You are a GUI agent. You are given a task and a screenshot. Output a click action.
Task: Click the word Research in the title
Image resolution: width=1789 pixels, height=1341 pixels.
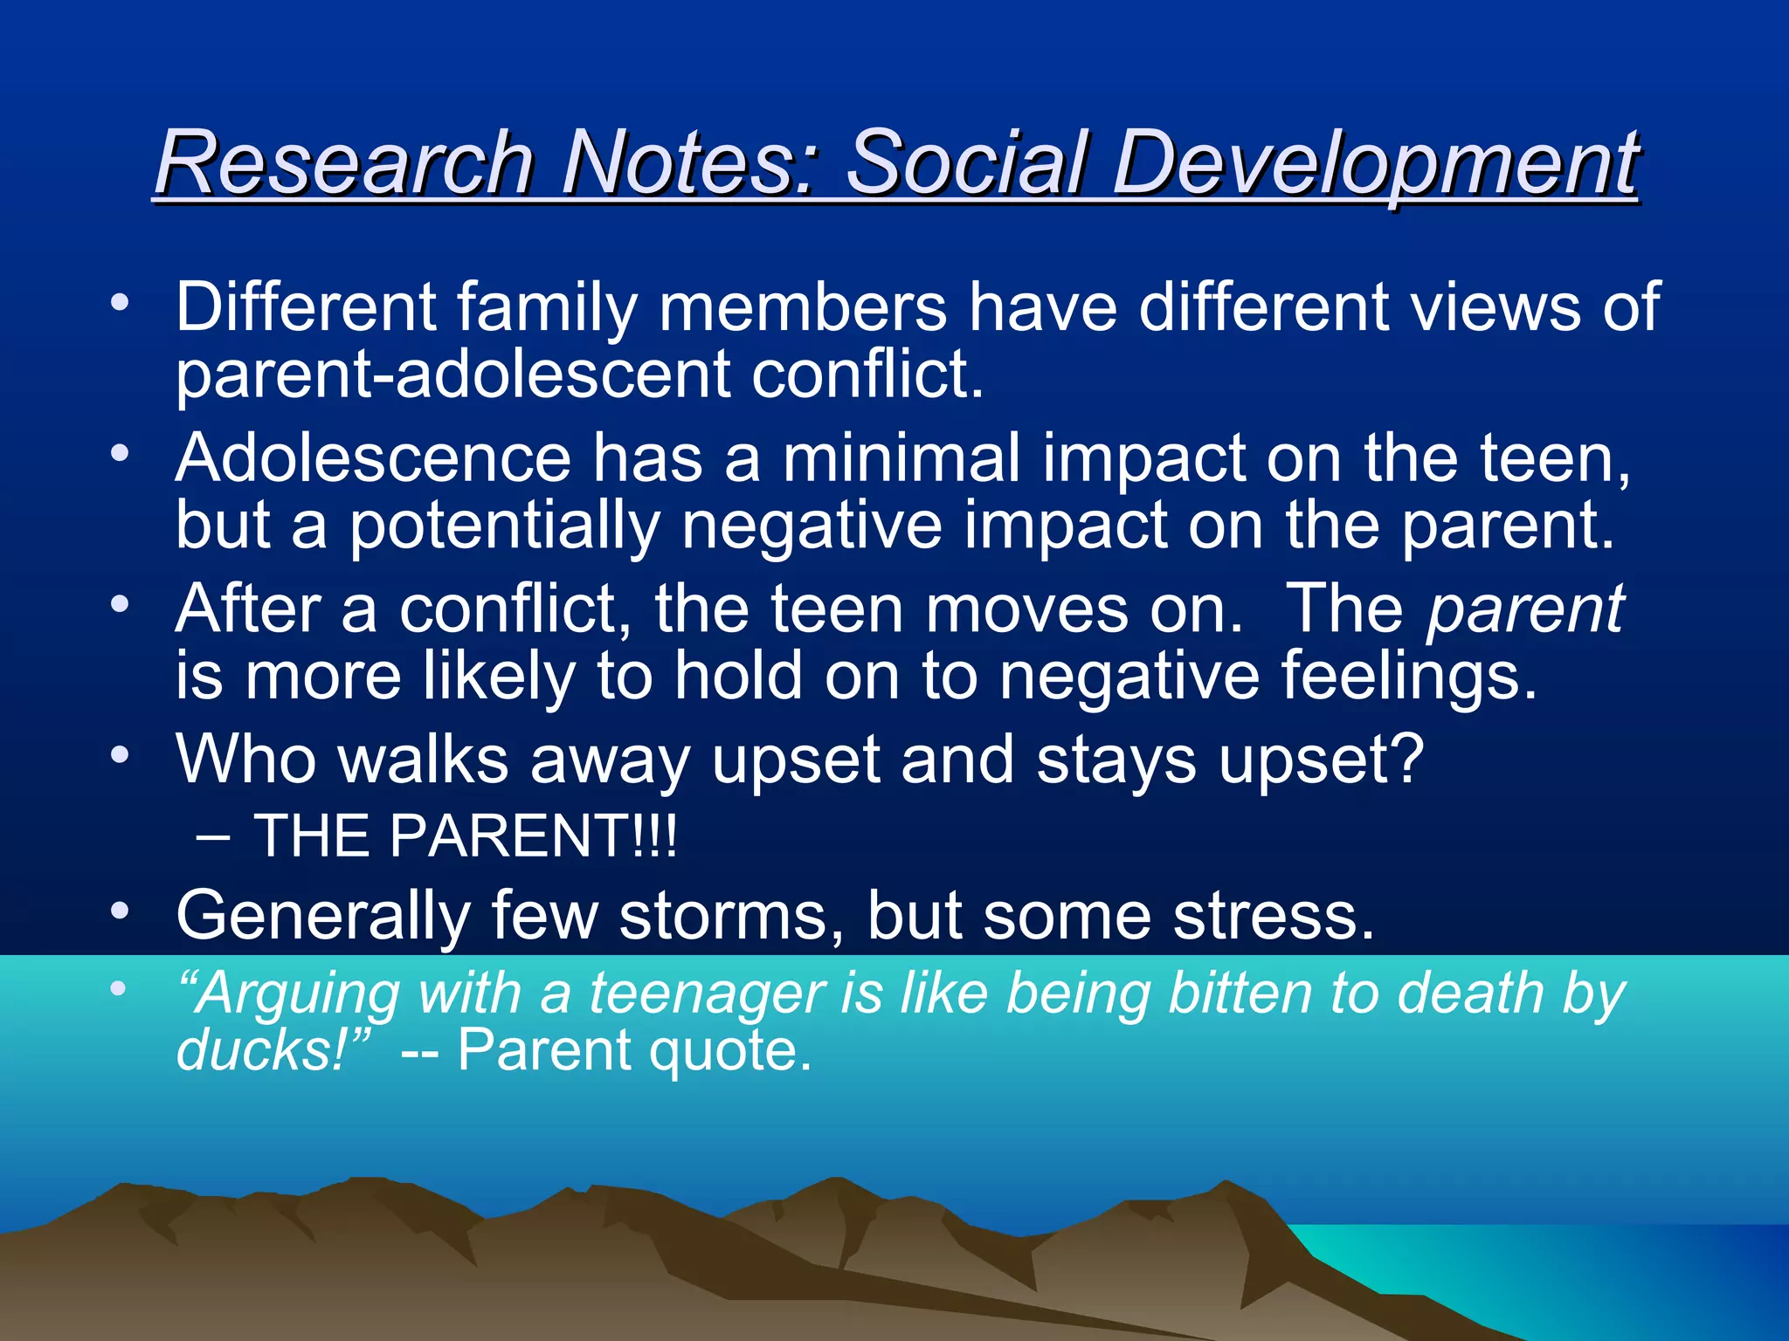344,162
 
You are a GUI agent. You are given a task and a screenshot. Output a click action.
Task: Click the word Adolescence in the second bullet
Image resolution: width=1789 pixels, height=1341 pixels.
373,458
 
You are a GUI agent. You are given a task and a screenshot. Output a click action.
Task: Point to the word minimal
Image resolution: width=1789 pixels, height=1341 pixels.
901,458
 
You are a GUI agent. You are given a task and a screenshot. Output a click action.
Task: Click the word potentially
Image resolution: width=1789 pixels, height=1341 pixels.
505,526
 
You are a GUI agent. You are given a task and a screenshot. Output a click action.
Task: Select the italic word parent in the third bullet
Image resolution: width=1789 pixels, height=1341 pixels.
1525,609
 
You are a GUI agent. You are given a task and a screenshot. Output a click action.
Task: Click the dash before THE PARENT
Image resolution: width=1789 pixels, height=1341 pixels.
213,837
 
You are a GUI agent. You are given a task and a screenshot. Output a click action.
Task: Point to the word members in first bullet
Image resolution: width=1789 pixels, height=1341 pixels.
803,306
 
